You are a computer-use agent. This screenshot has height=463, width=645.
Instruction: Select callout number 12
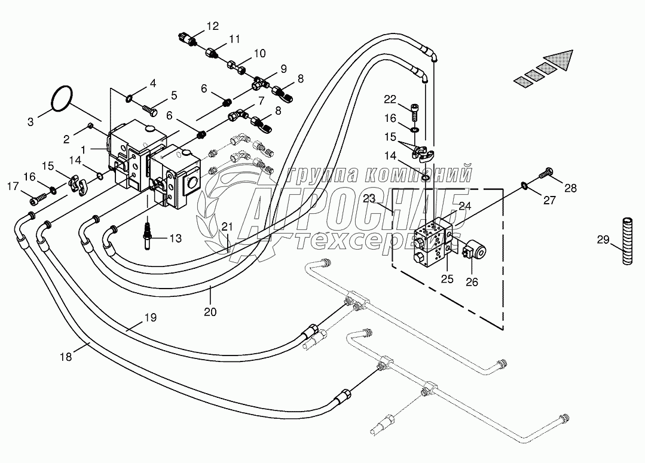click(213, 26)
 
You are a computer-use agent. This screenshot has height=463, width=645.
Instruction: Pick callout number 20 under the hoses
click(210, 312)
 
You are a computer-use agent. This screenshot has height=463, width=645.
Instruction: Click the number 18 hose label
click(66, 357)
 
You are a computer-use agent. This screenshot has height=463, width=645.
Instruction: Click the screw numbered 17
click(36, 199)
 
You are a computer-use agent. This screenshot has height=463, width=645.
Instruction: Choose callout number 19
click(151, 317)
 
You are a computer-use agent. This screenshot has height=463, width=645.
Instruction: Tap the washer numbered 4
click(129, 98)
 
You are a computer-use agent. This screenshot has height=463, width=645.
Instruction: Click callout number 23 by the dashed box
click(369, 198)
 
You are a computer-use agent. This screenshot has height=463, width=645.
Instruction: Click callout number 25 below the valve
click(447, 279)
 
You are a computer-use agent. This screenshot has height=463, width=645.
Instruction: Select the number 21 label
click(228, 226)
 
